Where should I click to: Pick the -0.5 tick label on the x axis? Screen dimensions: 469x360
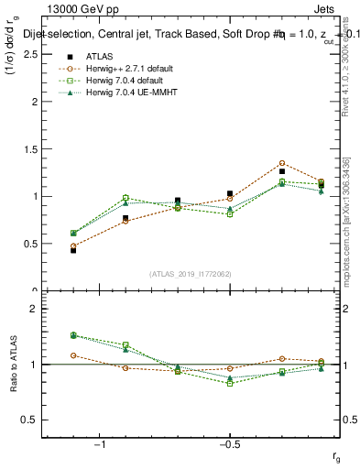(x=228, y=445)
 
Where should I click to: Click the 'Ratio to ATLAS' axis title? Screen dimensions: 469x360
(x=13, y=364)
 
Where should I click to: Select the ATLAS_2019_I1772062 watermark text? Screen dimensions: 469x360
(x=190, y=274)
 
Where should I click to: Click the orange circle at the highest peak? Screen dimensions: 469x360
(x=282, y=163)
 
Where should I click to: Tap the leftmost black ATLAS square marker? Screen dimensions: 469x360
(x=73, y=250)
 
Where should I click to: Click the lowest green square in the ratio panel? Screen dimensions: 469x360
(x=230, y=383)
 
